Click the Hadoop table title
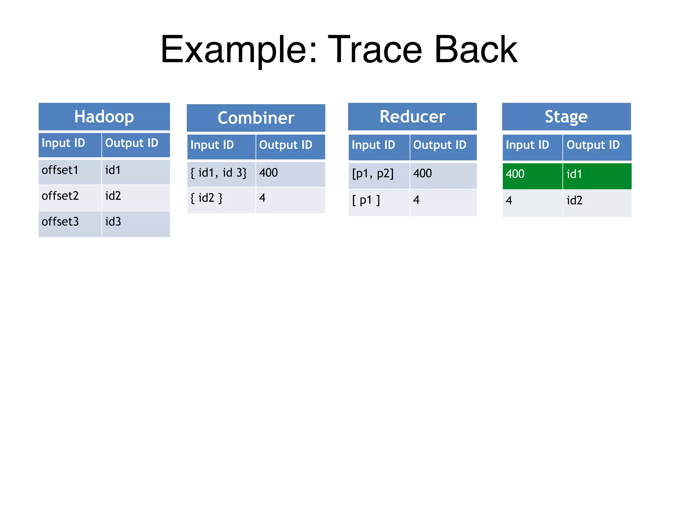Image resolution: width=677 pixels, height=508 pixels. pos(104,116)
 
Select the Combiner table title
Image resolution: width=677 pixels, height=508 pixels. pos(256,118)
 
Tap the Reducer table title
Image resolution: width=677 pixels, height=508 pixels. pos(412,116)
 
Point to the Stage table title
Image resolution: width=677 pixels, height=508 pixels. pos(566,116)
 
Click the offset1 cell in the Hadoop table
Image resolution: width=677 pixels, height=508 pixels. pos(70,171)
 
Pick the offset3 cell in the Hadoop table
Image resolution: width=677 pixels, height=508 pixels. pos(70,223)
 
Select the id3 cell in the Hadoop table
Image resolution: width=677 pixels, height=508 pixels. pos(136,223)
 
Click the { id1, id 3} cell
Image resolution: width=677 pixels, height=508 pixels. pos(221,173)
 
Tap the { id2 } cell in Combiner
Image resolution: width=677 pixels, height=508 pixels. pos(221,199)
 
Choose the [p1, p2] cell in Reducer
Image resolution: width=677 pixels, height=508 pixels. pos(379,174)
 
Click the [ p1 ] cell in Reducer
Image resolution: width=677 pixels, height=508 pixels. pos(379,201)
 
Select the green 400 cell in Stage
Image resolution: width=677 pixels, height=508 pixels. pos(532,175)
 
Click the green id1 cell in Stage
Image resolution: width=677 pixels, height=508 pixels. pos(597,175)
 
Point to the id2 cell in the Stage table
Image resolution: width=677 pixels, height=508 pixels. pos(597,201)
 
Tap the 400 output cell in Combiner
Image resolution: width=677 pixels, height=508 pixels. pos(290,173)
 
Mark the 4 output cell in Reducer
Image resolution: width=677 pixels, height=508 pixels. pos(443,201)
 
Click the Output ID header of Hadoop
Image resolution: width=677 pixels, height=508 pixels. pos(136,144)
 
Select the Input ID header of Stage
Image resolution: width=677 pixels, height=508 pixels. pos(532,146)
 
